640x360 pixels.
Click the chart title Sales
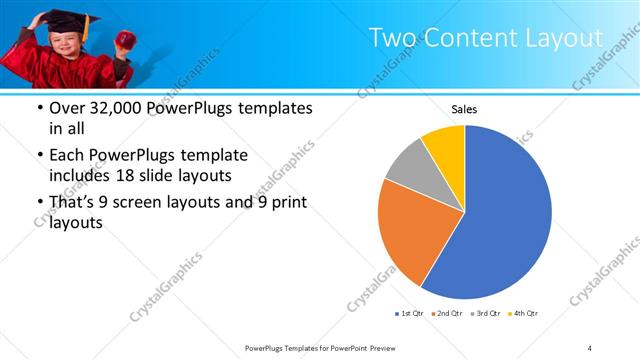click(x=464, y=110)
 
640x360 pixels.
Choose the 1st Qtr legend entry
click(x=409, y=314)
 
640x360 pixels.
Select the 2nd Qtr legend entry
click(x=445, y=314)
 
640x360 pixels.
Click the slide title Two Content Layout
click(x=486, y=38)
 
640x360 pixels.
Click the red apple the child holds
click(x=126, y=40)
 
